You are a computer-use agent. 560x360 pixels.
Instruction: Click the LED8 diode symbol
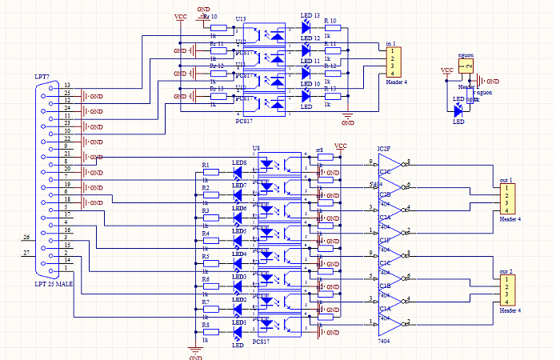(238, 173)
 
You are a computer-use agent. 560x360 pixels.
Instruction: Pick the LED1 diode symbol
(238, 331)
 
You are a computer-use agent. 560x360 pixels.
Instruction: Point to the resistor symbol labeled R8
(210, 331)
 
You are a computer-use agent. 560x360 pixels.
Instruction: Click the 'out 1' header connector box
(506, 199)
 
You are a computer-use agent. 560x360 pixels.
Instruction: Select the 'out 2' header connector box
(506, 290)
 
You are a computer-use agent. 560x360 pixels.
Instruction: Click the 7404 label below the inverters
(385, 341)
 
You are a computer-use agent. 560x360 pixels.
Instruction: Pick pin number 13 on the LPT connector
(67, 86)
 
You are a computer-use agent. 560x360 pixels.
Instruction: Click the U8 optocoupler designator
(256, 149)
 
